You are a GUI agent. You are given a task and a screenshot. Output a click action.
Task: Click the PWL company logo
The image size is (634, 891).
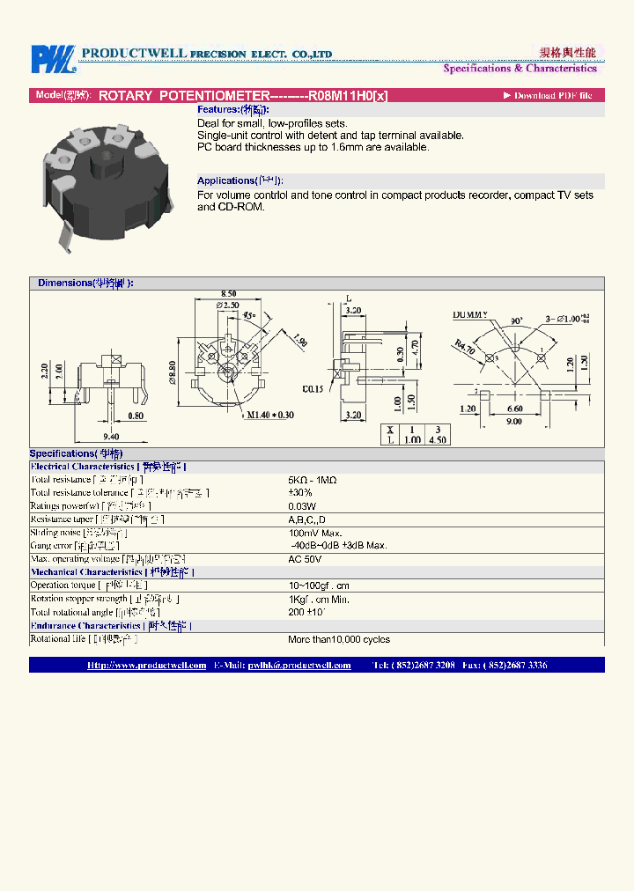(54, 59)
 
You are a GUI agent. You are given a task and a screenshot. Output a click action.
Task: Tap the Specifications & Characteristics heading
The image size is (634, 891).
(520, 68)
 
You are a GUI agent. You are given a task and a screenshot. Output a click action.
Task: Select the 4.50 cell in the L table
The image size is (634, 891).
(437, 440)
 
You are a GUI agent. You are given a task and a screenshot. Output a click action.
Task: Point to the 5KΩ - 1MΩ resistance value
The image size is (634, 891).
(312, 480)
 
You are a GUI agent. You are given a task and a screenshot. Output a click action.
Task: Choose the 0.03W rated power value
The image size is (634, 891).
(301, 506)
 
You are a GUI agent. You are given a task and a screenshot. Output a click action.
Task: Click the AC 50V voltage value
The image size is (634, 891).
(305, 559)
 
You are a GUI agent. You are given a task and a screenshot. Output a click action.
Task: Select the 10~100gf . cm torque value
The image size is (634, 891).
(319, 585)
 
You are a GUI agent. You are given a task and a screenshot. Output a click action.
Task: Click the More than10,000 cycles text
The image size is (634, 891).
(338, 639)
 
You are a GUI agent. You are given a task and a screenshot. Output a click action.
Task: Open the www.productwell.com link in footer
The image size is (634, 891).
(147, 666)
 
